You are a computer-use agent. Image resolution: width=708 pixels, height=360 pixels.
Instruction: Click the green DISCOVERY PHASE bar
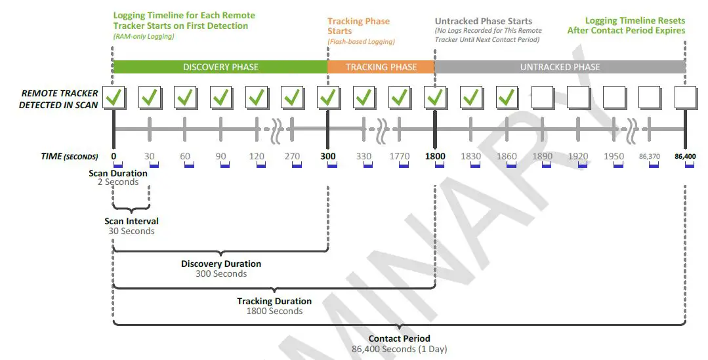[x=220, y=67]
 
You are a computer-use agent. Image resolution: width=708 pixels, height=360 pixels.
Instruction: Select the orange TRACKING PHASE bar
[x=381, y=67]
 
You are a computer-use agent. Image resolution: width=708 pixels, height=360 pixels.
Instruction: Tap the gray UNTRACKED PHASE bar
[x=560, y=67]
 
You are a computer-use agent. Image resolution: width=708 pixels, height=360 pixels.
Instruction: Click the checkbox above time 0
[x=114, y=98]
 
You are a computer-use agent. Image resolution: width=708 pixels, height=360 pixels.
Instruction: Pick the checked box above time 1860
[x=507, y=98]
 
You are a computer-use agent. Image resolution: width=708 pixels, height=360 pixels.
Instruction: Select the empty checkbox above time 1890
[x=543, y=98]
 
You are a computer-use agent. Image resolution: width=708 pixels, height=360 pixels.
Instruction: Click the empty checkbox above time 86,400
[x=685, y=98]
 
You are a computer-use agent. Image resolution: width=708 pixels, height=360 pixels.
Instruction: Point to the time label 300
[x=328, y=156]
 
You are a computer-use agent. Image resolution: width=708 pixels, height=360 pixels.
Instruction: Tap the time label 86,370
[x=650, y=157]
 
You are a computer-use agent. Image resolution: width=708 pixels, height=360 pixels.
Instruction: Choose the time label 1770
[x=399, y=156]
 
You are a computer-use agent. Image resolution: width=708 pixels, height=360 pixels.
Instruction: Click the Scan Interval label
[x=131, y=221]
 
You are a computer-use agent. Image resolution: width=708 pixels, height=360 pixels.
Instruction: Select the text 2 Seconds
[x=117, y=182]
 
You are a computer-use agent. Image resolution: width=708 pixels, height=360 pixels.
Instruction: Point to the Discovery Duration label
[x=221, y=264]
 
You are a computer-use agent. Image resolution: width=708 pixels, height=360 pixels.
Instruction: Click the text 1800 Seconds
[x=274, y=311]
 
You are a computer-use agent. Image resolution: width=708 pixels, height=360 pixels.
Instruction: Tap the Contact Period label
[x=399, y=338]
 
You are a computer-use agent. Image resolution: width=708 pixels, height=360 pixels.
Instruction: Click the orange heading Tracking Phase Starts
[x=358, y=26]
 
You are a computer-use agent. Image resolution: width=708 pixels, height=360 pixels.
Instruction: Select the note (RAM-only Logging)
[x=144, y=36]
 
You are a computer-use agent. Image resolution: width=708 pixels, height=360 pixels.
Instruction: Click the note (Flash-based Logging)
[x=361, y=42]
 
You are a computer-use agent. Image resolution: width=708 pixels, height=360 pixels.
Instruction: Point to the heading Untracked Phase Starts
[x=484, y=21]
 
